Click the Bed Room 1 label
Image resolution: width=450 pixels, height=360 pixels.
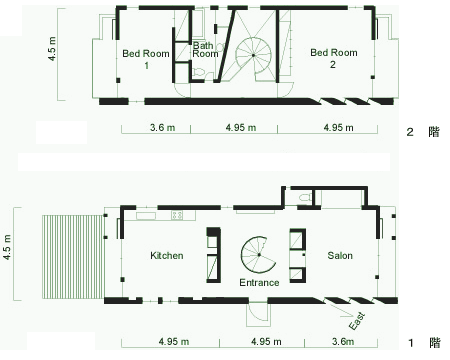[x=146, y=59]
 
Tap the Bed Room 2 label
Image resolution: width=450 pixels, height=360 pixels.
[x=334, y=58]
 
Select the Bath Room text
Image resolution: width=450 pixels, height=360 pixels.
[x=205, y=49]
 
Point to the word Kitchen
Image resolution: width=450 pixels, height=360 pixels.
[x=167, y=256]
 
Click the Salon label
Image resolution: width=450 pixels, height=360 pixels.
[x=340, y=256]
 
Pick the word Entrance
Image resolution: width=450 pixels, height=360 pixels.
[x=259, y=283]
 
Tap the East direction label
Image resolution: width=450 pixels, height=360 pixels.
[x=357, y=321]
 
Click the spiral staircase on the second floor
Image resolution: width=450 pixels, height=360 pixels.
[x=253, y=55]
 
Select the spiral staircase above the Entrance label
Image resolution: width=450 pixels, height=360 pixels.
[x=258, y=255]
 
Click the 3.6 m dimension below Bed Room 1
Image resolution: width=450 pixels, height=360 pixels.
[x=162, y=128]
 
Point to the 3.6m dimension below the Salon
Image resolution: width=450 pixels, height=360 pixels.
[x=343, y=342]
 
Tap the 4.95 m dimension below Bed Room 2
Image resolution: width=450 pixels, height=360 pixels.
[x=338, y=128]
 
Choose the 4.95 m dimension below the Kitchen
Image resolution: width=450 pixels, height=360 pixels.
[x=174, y=342]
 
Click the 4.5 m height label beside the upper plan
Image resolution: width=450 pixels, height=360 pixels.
[x=53, y=49]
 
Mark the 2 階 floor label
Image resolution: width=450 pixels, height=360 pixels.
[x=423, y=132]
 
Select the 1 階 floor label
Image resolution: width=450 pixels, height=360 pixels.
[x=424, y=343]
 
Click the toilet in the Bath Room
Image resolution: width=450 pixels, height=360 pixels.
[x=199, y=71]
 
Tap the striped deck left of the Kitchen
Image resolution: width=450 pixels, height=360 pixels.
[x=73, y=257]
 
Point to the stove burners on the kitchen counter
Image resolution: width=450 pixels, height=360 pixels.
[x=177, y=215]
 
